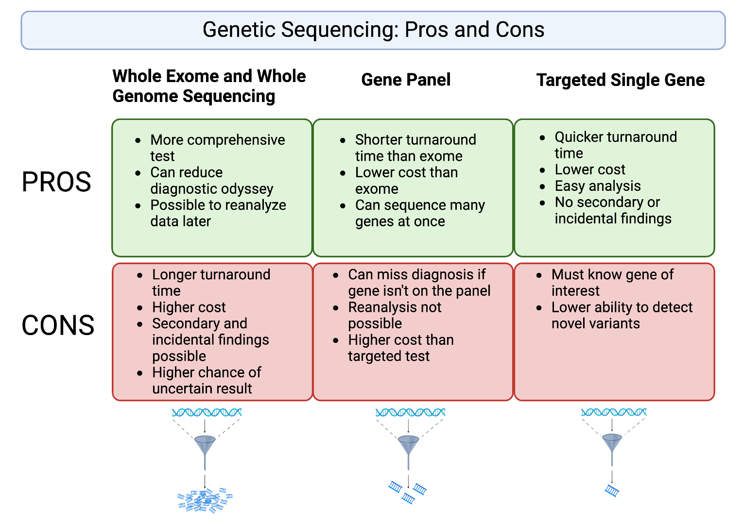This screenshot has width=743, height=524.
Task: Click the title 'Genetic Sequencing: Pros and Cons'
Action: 373,30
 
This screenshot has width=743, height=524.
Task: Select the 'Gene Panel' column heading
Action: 406,80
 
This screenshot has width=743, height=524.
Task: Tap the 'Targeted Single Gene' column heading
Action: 620,80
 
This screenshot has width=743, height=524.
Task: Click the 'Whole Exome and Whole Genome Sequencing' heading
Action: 209,86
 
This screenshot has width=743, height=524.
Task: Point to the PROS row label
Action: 56,182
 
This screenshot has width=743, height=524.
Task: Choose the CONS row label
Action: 58,325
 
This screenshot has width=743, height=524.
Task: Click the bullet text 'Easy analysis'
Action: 597,186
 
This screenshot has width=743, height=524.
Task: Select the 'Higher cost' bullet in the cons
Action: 189,307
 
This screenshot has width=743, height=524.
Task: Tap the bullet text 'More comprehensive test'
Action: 217,148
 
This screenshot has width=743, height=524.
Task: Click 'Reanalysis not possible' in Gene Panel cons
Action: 394,315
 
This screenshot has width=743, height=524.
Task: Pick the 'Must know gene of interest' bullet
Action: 612,283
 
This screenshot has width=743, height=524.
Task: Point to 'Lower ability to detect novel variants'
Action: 622,315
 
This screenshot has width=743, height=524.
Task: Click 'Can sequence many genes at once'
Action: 419,213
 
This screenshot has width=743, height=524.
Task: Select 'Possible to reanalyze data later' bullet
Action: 218,213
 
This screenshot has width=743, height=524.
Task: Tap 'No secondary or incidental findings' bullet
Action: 612,210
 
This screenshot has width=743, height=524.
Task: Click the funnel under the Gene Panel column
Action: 408,445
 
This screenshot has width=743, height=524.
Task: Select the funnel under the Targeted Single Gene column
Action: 612,443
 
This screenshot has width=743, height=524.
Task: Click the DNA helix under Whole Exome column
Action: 207,413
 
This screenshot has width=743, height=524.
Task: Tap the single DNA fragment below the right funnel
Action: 612,490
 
